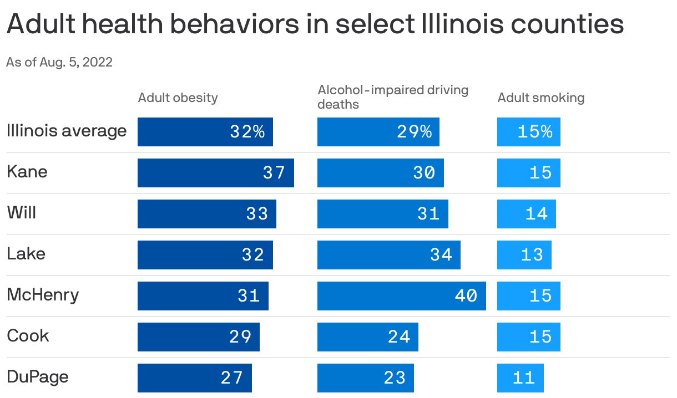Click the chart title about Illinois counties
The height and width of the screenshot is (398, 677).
[315, 25]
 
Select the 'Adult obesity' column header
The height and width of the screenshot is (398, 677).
[178, 98]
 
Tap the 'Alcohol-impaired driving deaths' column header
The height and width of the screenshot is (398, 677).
[393, 97]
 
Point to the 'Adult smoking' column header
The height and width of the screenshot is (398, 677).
[540, 98]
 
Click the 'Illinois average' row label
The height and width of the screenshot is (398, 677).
[67, 131]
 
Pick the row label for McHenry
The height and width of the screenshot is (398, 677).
[43, 295]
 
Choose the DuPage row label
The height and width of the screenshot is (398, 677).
[38, 377]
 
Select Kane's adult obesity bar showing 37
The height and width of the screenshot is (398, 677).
[215, 173]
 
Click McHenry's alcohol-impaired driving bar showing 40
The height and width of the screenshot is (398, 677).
[401, 296]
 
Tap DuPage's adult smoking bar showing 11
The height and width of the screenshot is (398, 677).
[520, 378]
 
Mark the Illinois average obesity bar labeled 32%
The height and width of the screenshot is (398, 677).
[205, 132]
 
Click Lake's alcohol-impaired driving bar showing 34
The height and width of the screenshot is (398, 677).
[388, 255]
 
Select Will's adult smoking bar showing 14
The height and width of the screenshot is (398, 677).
[526, 214]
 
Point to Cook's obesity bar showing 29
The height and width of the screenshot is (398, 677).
[198, 337]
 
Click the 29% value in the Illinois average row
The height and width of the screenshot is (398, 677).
[414, 132]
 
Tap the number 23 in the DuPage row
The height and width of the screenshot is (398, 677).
[395, 378]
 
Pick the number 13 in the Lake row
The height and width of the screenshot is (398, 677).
[532, 255]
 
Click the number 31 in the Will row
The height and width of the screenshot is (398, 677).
[428, 214]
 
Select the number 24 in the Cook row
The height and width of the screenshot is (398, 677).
[399, 337]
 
